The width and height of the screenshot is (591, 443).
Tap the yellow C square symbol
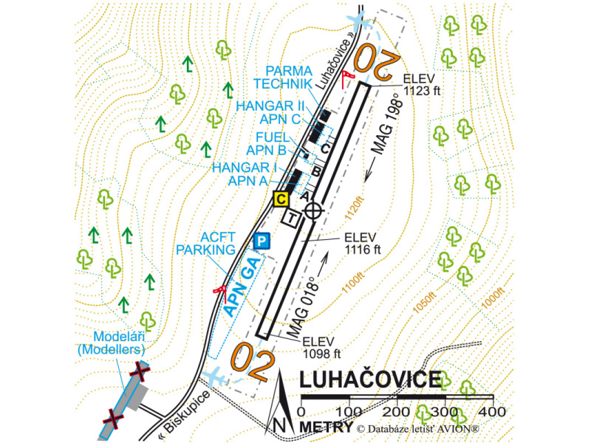click(x=281, y=198)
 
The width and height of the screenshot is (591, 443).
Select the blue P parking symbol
click(x=261, y=240)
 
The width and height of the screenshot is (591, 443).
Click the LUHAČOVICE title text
click(x=369, y=380)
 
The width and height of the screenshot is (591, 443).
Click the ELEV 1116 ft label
click(x=361, y=244)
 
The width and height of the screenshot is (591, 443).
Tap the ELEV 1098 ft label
click(x=320, y=346)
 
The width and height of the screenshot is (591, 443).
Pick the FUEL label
click(x=273, y=137)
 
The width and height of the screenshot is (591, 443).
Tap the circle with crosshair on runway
click(x=314, y=210)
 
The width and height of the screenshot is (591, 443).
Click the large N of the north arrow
click(x=279, y=425)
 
